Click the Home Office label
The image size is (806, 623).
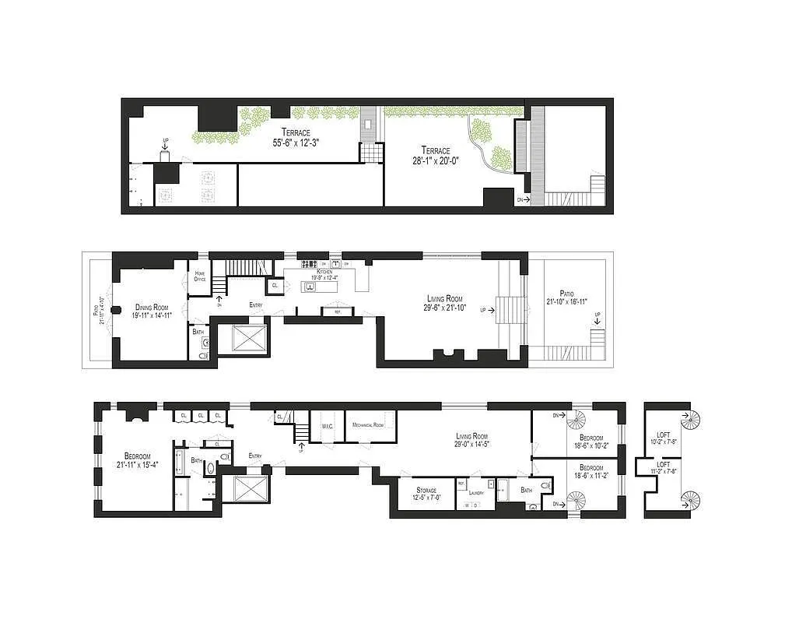[200, 276]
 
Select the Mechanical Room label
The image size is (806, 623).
[367, 425]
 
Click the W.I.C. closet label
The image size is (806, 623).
[326, 426]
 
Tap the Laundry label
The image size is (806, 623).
[476, 493]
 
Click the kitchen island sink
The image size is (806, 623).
[310, 287]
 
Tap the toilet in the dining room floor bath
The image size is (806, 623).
[204, 355]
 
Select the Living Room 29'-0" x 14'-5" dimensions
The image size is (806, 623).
[472, 444]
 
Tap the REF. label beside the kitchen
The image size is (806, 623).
[338, 312]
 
